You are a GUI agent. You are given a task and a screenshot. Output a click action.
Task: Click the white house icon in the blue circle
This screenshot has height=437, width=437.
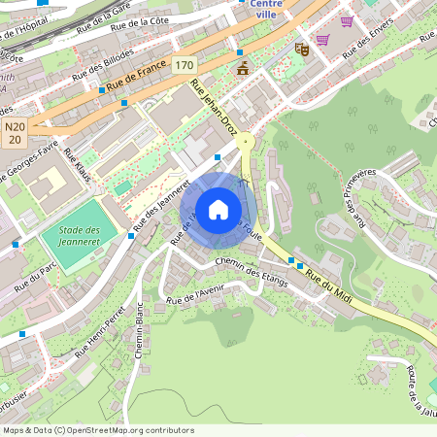pyautogui.click(x=218, y=208)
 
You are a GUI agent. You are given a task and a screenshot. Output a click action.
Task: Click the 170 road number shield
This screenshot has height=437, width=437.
pyautogui.click(x=185, y=65)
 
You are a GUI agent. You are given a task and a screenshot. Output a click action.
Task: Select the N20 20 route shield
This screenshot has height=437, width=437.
pyautogui.click(x=14, y=133)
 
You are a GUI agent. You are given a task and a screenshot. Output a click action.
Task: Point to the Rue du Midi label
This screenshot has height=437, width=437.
pyautogui.click(x=327, y=289)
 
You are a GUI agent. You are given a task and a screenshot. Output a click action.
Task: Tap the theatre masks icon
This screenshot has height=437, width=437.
pyautogui.click(x=301, y=47)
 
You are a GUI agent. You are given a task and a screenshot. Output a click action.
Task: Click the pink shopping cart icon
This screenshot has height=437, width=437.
pyautogui.click(x=321, y=39)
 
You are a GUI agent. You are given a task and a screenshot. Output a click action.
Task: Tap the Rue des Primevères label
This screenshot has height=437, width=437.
pyautogui.click(x=357, y=198)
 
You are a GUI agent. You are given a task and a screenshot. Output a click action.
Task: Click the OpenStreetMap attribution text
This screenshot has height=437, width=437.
pyautogui.click(x=97, y=430)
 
